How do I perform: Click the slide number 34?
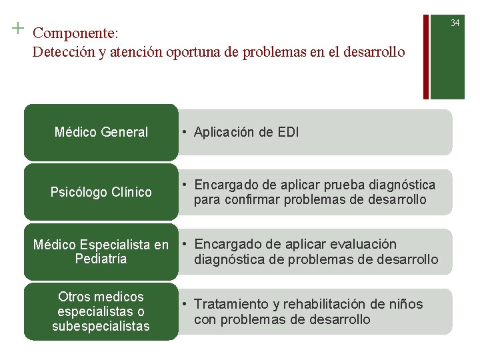coord(455,23)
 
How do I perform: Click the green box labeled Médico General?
coord(101,132)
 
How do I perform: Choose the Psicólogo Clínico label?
coord(101,192)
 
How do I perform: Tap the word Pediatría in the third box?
coord(101,259)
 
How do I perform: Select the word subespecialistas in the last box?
coord(101,326)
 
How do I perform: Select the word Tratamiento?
coord(233,305)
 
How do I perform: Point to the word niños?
coord(405,305)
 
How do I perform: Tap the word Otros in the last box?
coord(75,297)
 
